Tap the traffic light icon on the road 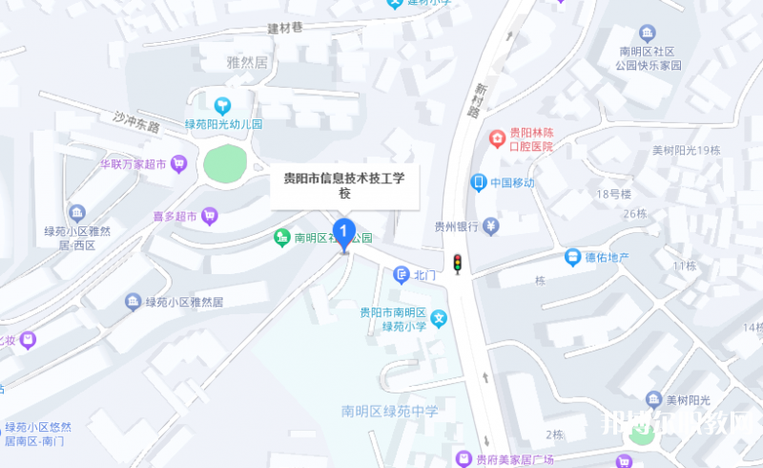458,264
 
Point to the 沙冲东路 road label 136,121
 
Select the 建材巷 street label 284,28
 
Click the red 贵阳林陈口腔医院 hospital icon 497,138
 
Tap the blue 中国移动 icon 479,182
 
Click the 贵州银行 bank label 456,227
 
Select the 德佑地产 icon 572,257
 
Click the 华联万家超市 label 134,164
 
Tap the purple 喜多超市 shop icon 209,217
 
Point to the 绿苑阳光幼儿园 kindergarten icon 223,105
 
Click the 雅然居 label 248,63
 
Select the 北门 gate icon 402,275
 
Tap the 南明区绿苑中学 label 390,412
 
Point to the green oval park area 225,164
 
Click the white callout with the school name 344,185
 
